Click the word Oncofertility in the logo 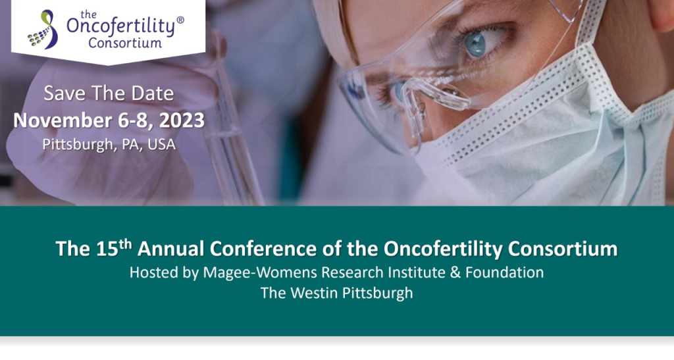[121, 27]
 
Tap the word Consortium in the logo [125, 43]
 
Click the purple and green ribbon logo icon [43, 30]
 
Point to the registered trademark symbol [180, 20]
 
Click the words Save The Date [109, 93]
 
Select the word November [63, 120]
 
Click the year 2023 [182, 120]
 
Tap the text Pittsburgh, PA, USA [109, 144]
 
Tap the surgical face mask [546, 141]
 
